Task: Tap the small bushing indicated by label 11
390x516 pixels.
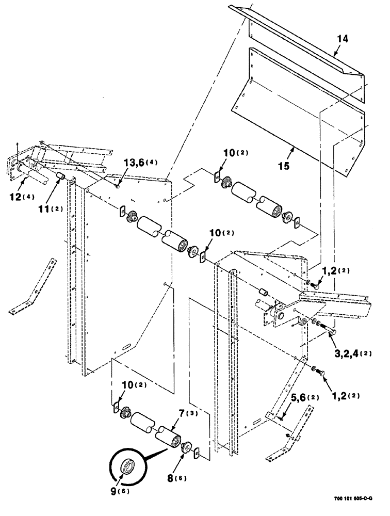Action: pyautogui.click(x=60, y=178)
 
